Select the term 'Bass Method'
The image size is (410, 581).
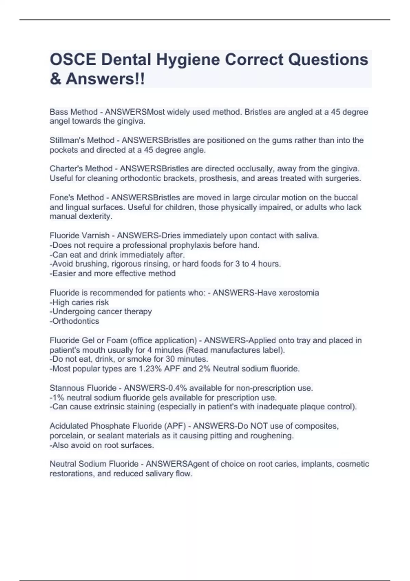pyautogui.click(x=73, y=112)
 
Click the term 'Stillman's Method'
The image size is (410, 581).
pyautogui.click(x=82, y=140)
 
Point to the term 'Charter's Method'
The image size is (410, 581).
pyautogui.click(x=81, y=169)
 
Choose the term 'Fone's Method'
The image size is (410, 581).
pyautogui.click(x=77, y=198)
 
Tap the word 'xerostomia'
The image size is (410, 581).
pyautogui.click(x=299, y=293)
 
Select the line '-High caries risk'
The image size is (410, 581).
pyautogui.click(x=79, y=302)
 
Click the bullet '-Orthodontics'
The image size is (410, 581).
pyautogui.click(x=74, y=321)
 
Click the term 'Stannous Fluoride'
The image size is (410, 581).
pyautogui.click(x=83, y=388)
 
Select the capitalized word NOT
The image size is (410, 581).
pyautogui.click(x=259, y=426)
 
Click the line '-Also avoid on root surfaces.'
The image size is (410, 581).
pyautogui.click(x=102, y=445)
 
